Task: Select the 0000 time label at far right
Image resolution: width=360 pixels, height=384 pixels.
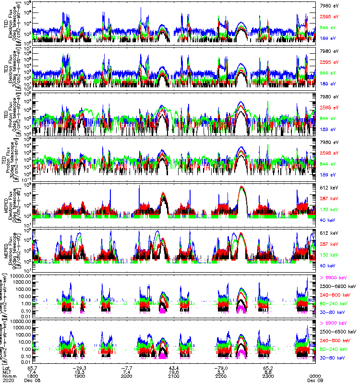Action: coord(315,376)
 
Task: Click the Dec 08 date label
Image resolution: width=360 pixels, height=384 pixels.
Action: coord(34,381)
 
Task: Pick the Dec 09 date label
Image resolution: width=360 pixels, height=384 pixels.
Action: coord(315,381)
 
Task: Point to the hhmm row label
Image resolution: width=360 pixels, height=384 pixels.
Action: coord(10,376)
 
